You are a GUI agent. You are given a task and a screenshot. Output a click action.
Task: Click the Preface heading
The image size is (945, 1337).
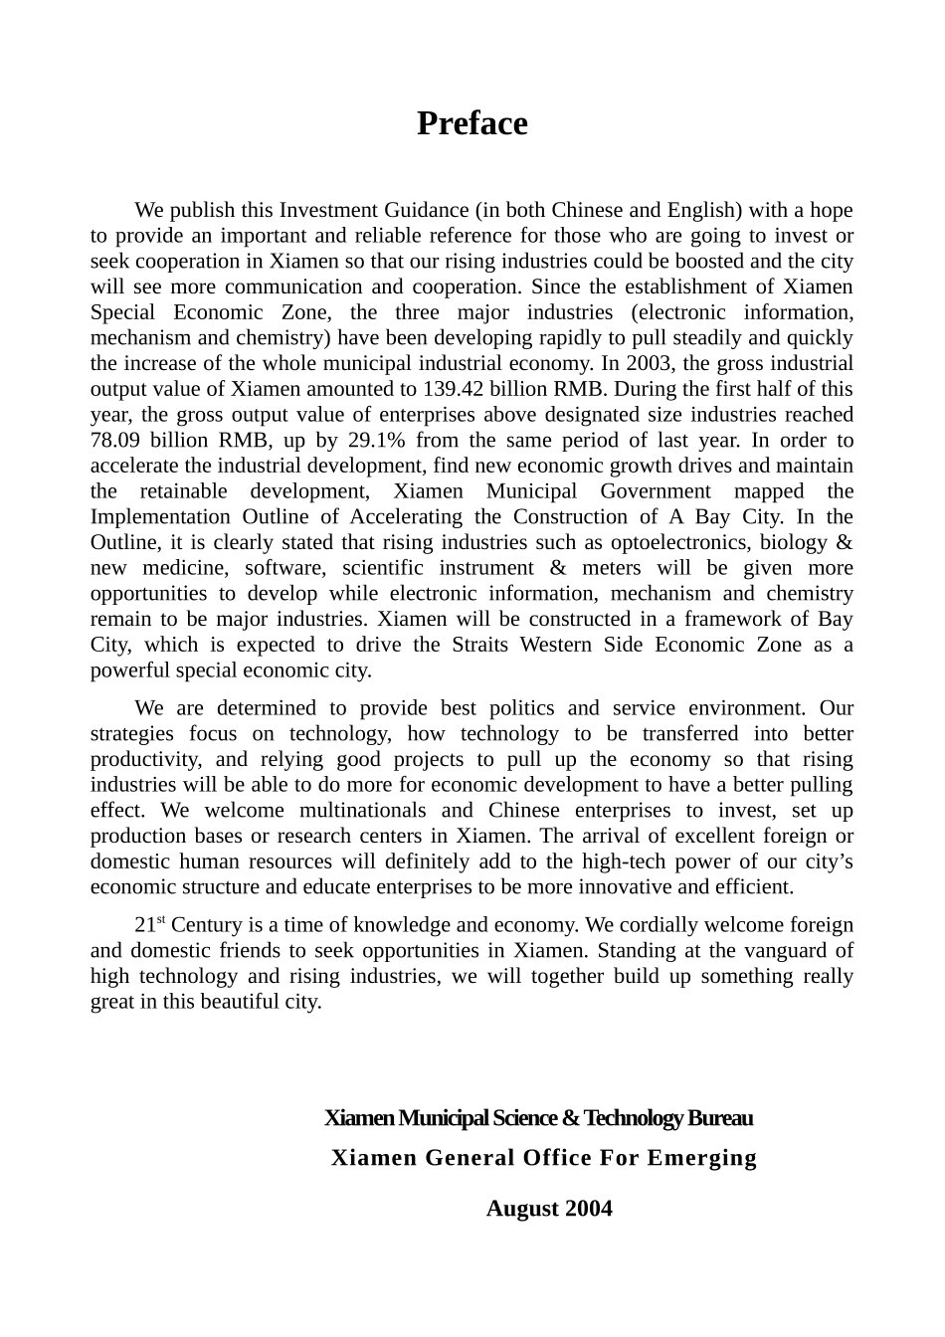pyautogui.click(x=472, y=123)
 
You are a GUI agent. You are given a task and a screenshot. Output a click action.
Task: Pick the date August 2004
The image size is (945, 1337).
pyautogui.click(x=549, y=1209)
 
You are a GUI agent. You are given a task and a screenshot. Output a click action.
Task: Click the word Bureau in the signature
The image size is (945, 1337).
pyautogui.click(x=720, y=1118)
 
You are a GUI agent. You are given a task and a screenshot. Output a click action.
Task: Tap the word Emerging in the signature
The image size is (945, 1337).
pyautogui.click(x=702, y=1158)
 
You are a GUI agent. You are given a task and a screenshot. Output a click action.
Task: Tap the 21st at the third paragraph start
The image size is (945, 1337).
pyautogui.click(x=148, y=925)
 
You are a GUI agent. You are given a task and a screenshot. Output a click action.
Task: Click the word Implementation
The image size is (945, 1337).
pyautogui.click(x=160, y=516)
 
